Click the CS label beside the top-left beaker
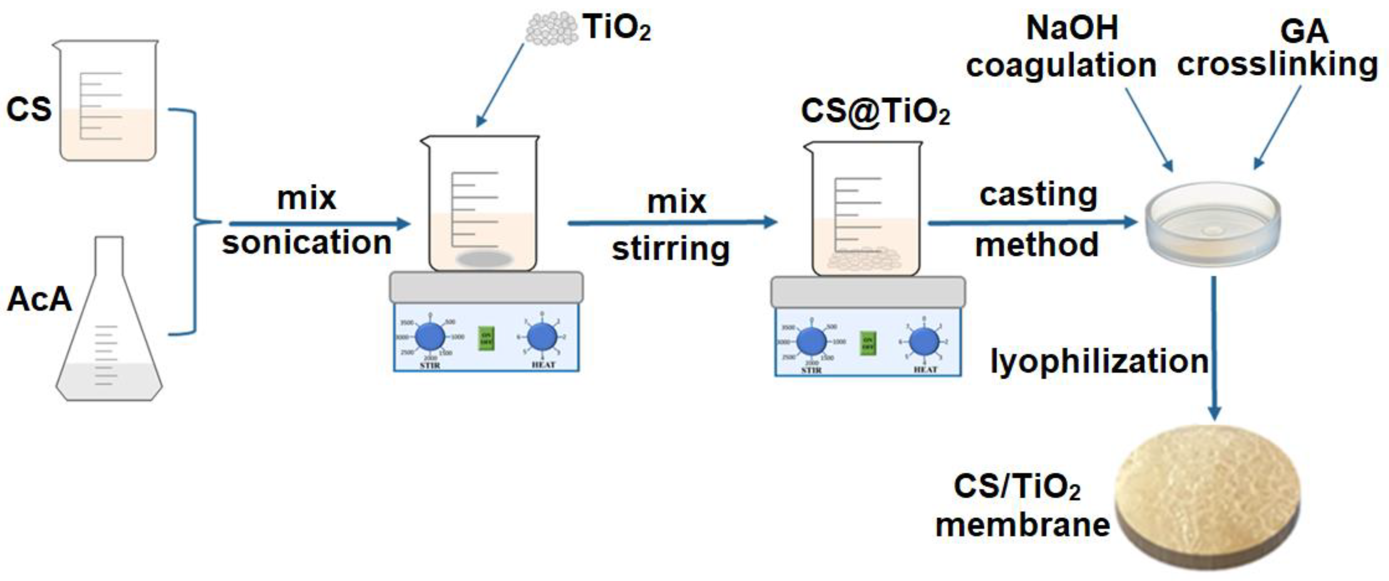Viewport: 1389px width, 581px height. point(28,109)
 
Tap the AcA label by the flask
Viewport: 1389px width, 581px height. point(39,300)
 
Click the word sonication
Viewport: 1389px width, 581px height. point(307,242)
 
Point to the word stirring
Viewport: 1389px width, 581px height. point(671,249)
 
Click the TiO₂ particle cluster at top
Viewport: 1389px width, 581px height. point(551,28)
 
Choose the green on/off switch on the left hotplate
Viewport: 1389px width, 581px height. point(486,338)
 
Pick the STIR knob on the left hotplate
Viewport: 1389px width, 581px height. point(430,337)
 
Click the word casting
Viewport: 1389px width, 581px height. point(1038,195)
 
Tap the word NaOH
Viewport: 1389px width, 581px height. point(1072,28)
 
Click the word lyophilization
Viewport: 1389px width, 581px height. point(1099,362)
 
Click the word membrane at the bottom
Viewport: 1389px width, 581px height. point(1022,525)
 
